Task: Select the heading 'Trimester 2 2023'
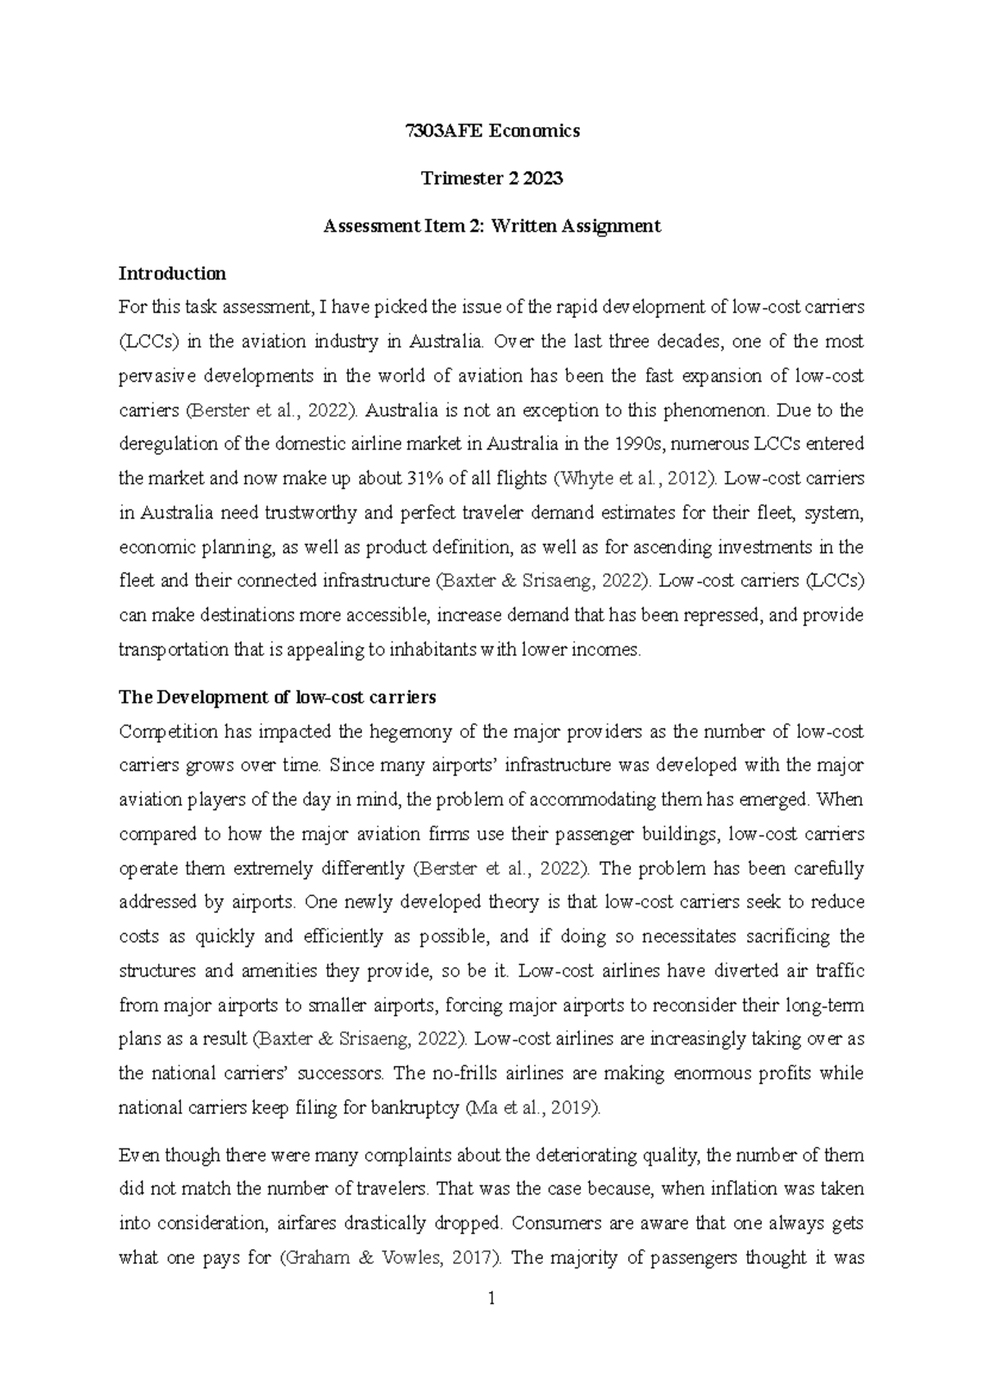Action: click(491, 179)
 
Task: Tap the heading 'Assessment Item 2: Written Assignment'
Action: click(491, 226)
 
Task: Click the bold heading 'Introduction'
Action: click(172, 273)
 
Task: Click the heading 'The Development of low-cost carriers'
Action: click(278, 698)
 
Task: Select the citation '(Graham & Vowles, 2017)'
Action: click(389, 1258)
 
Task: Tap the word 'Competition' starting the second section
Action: click(168, 732)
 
